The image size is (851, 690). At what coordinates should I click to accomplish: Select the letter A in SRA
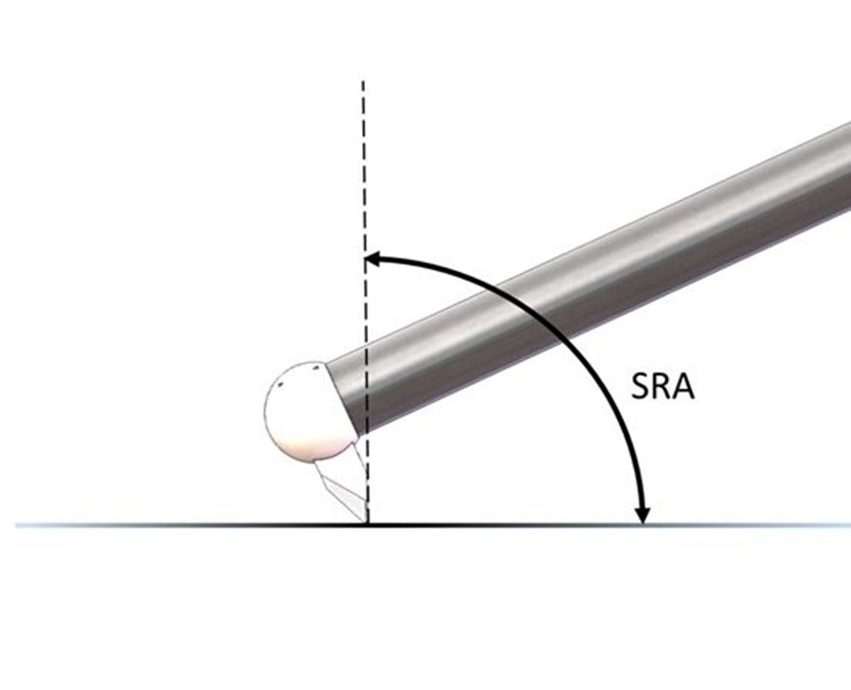coord(684,386)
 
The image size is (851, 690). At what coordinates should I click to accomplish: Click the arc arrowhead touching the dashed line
coord(373,259)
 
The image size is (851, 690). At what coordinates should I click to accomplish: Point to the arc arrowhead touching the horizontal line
coord(643,515)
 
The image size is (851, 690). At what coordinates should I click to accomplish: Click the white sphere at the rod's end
coord(307,411)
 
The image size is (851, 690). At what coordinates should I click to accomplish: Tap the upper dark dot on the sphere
coord(316,368)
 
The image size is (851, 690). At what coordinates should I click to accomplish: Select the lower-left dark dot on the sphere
coord(281,385)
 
